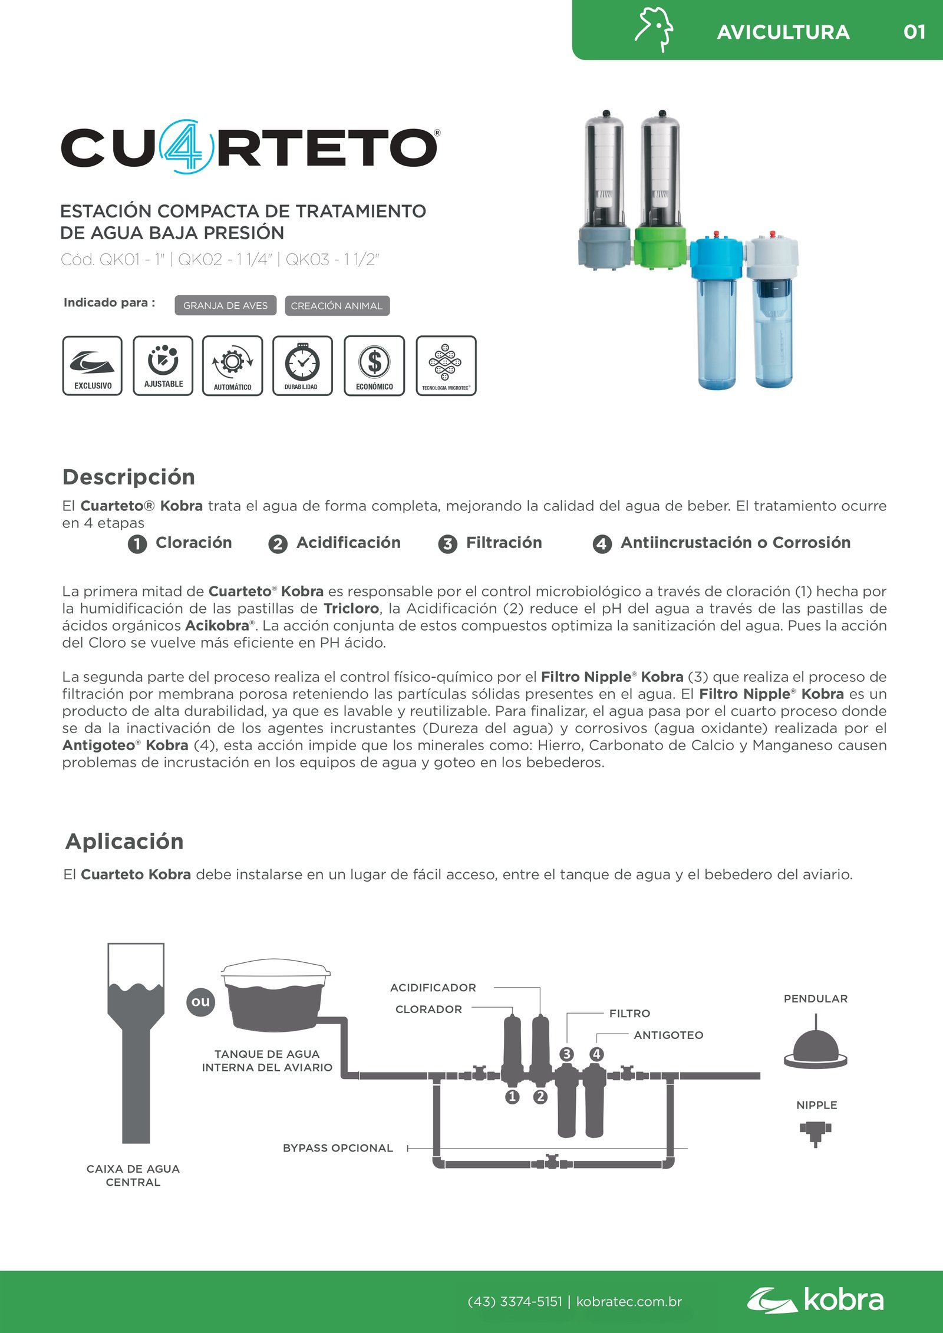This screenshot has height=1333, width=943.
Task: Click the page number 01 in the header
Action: pos(914,32)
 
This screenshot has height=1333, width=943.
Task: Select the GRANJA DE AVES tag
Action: pos(225,306)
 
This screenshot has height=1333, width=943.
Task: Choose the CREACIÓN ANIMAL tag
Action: pos(337,306)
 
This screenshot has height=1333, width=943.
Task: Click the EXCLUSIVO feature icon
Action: pos(93,366)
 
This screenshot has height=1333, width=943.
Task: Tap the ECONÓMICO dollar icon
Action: pos(374,366)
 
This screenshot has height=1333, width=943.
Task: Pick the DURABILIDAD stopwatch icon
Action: pos(302,366)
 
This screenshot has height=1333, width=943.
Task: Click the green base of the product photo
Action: pos(660,248)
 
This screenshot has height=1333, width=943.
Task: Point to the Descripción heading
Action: pos(128,477)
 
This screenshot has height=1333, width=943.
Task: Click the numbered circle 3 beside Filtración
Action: pos(447,544)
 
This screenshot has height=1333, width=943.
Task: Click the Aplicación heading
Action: pos(124,841)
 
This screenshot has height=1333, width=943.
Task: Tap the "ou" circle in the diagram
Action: pos(200,1001)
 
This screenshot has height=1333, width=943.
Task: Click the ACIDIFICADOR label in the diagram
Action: pos(433,988)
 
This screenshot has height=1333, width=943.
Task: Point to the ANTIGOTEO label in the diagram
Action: pos(668,1035)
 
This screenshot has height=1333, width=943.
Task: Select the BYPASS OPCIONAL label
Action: pos(338,1148)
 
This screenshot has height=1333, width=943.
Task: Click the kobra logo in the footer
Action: pos(816,1301)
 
